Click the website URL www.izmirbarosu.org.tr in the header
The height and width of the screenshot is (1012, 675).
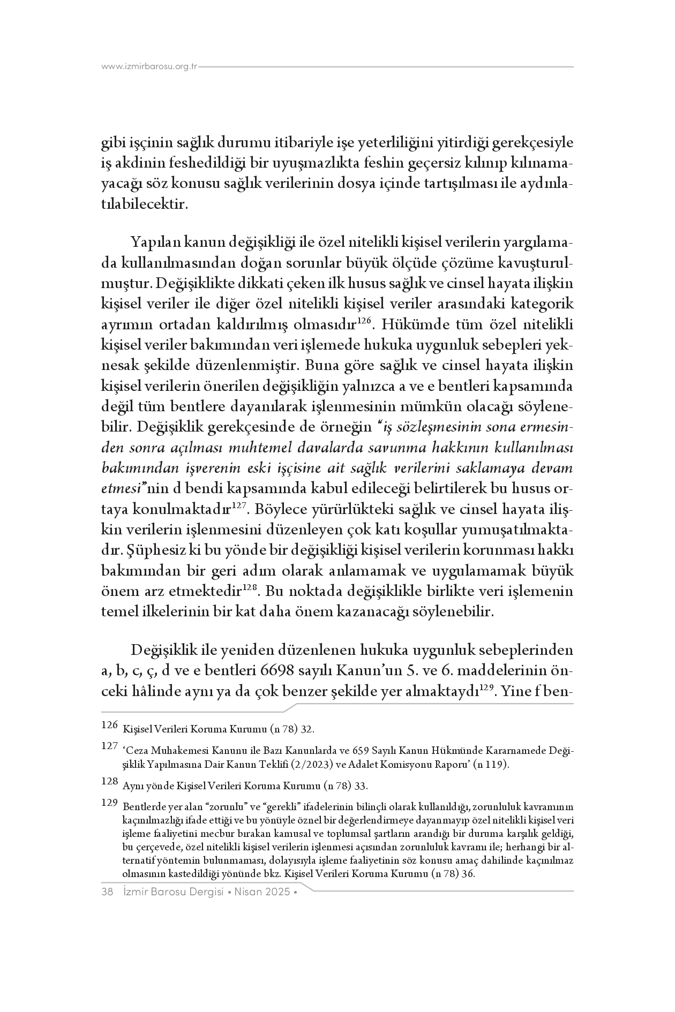click(x=149, y=66)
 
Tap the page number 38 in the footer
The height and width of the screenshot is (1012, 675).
click(x=107, y=892)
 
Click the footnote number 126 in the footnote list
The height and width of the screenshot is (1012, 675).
click(x=109, y=726)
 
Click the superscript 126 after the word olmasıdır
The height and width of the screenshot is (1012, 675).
click(x=364, y=321)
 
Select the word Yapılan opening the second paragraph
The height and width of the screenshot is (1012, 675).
click(x=156, y=242)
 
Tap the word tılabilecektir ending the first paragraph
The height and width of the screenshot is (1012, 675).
click(x=145, y=204)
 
